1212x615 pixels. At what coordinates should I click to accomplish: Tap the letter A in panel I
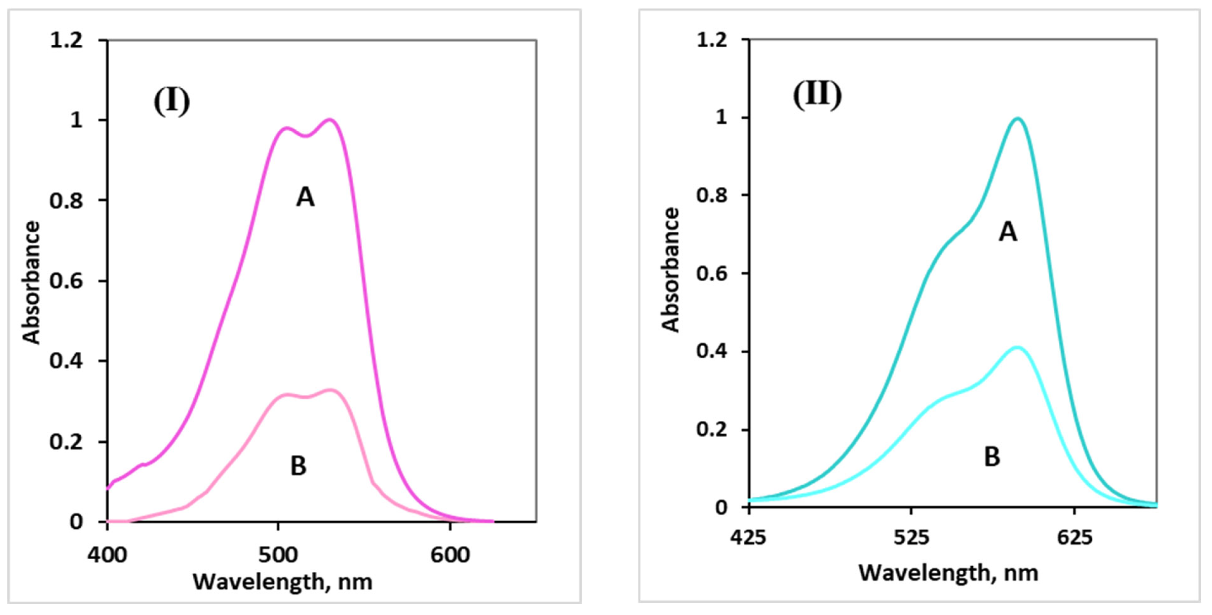pos(305,197)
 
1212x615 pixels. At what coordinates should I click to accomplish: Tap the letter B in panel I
pos(298,467)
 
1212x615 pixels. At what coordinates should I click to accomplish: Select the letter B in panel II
pos(992,456)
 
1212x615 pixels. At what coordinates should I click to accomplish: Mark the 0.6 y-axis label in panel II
pos(711,274)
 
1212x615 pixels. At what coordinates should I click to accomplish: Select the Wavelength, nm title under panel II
pos(948,573)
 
